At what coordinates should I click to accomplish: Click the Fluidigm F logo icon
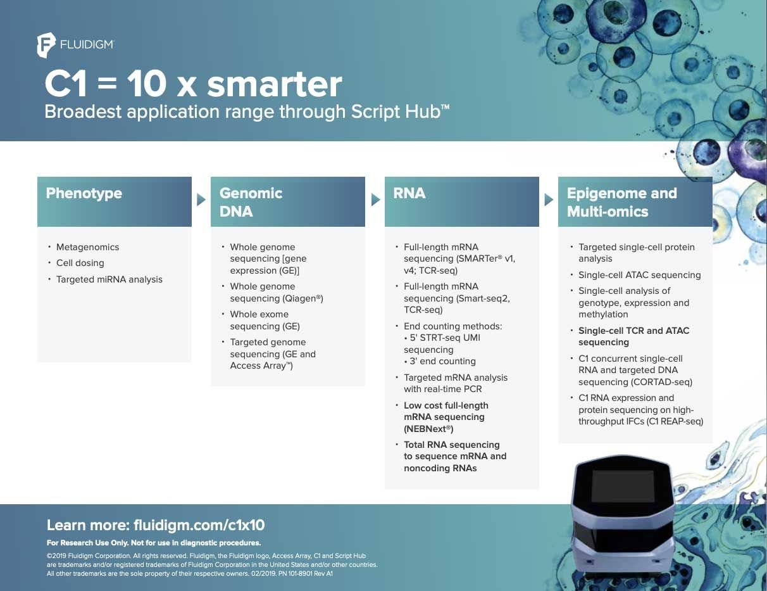coord(46,45)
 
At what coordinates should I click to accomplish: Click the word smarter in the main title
coord(274,84)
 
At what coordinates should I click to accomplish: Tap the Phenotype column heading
coord(84,194)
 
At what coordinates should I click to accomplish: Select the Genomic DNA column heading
coord(251,203)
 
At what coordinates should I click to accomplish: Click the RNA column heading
coord(409,193)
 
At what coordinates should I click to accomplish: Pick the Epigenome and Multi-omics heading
coord(622,203)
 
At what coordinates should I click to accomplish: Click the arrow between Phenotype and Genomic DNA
coord(201,200)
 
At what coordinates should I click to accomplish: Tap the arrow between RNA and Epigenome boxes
coord(549,200)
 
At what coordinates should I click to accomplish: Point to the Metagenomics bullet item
coord(87,247)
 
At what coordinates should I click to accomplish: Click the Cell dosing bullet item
coord(80,263)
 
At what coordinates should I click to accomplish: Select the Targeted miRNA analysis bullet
coord(109,279)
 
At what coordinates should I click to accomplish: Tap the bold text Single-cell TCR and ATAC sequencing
coord(633,336)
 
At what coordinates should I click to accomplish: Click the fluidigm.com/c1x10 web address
coord(199,525)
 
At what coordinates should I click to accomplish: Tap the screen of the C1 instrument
coord(622,486)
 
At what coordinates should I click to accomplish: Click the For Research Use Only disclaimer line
coord(154,543)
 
